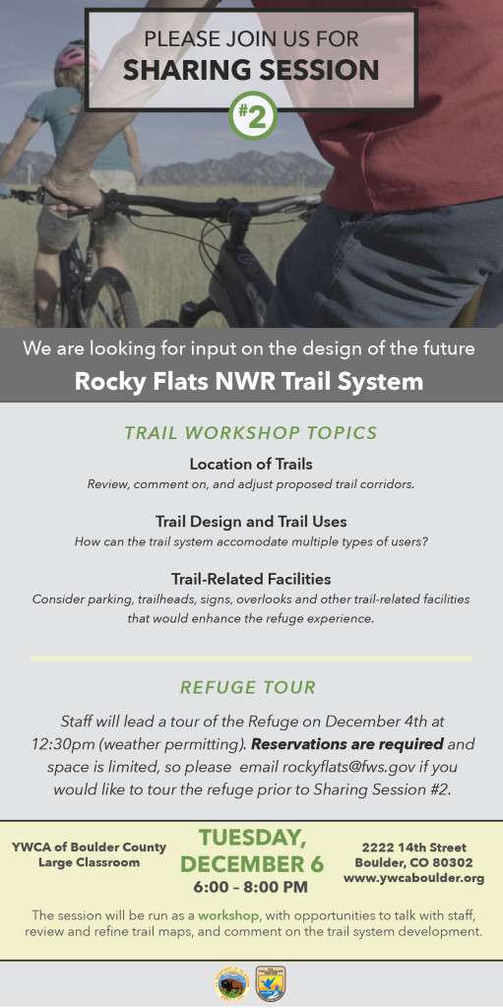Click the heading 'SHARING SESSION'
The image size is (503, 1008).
251,70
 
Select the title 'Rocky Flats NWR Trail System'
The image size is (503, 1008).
249,381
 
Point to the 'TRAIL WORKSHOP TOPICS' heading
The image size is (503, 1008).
251,433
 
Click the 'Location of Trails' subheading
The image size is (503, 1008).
251,464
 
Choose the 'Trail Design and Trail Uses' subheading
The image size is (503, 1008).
251,521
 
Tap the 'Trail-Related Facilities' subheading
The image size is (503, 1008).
251,579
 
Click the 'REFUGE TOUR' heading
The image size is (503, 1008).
248,687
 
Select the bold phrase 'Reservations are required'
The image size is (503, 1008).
347,744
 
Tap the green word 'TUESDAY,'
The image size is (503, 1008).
252,839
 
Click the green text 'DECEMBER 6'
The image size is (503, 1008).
252,864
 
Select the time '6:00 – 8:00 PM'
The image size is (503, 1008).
251,887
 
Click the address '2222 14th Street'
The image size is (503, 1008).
413,848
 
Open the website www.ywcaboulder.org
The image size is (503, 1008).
413,878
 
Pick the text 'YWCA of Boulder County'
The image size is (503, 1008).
89,848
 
